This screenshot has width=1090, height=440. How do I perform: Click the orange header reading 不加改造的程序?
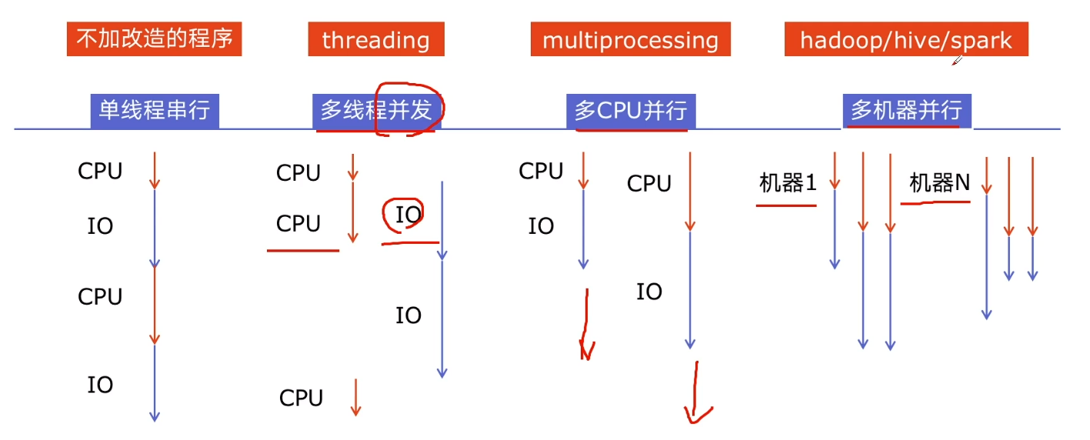click(x=155, y=39)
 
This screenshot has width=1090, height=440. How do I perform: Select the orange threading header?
click(x=375, y=40)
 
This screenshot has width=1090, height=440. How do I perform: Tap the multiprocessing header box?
click(x=630, y=40)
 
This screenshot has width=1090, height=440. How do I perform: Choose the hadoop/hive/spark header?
click(x=905, y=40)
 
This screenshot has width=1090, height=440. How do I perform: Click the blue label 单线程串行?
click(x=155, y=111)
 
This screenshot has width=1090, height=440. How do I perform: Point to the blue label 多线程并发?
click(x=375, y=112)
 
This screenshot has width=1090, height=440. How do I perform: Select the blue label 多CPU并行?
click(x=630, y=112)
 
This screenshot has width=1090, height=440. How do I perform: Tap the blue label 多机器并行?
click(x=906, y=111)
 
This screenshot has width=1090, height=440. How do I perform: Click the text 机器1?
click(x=787, y=183)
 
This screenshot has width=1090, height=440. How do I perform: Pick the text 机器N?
click(x=939, y=183)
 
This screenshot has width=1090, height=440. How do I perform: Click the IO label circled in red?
click(x=408, y=214)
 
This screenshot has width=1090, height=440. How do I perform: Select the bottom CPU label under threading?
click(x=301, y=398)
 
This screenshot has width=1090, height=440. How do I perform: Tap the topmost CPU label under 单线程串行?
click(x=100, y=171)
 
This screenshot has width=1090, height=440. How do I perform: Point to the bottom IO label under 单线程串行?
click(x=100, y=385)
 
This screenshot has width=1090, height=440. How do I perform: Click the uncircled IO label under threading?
click(x=408, y=315)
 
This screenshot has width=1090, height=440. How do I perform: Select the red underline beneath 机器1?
click(x=785, y=205)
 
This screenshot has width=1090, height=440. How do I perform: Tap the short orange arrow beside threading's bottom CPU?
click(x=355, y=397)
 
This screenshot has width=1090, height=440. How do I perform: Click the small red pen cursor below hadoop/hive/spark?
click(x=957, y=60)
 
